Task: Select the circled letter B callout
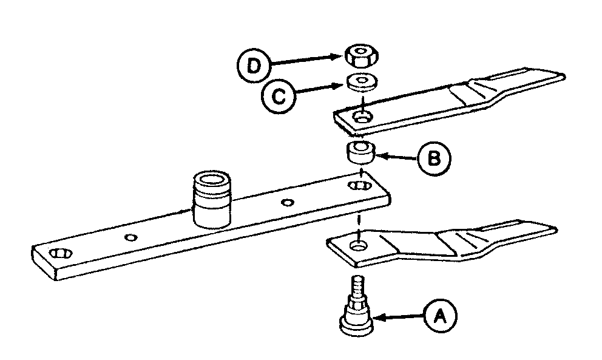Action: [433, 158]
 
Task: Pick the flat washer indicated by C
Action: [361, 81]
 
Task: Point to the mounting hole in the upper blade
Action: [364, 117]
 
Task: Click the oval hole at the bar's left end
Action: [58, 253]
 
